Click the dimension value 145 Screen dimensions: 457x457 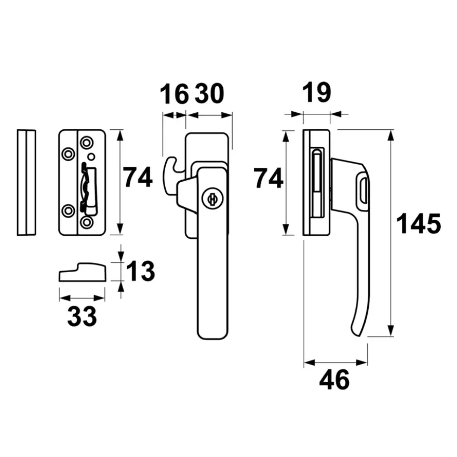click(x=419, y=224)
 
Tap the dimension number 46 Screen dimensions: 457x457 click(x=334, y=380)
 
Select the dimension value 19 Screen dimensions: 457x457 click(x=316, y=92)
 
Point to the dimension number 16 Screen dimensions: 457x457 click(x=174, y=94)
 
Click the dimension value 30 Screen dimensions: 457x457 click(x=209, y=93)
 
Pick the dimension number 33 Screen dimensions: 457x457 click(x=82, y=316)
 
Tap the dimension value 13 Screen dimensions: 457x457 click(x=141, y=271)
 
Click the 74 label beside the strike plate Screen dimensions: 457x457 click(x=138, y=178)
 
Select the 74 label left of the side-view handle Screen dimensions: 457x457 click(x=268, y=178)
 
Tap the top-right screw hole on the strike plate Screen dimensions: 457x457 click(x=86, y=143)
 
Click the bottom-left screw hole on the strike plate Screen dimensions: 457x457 click(x=69, y=211)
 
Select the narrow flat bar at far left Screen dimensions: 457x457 click(x=26, y=182)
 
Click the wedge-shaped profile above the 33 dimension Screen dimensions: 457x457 click(x=83, y=272)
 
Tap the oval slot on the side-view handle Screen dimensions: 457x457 click(x=362, y=191)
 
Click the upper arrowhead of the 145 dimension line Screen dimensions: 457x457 click(x=391, y=135)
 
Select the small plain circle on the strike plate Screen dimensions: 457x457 click(x=91, y=157)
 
